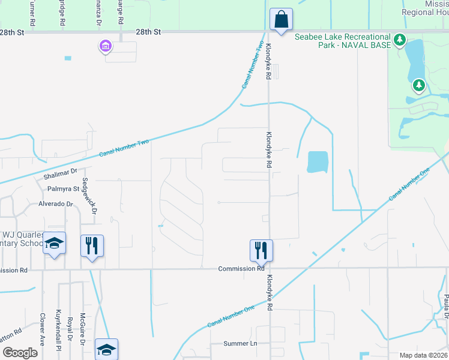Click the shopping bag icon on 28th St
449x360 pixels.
tap(280, 19)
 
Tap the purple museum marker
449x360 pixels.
tap(106, 46)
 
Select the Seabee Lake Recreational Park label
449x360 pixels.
tap(343, 41)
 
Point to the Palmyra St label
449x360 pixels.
tap(64, 188)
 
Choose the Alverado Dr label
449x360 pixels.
tap(55, 203)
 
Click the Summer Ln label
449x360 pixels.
tap(240, 343)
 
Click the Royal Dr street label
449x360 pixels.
tap(70, 328)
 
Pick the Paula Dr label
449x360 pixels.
tap(445, 307)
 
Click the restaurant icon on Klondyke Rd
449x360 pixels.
tap(261, 250)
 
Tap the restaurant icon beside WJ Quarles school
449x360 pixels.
tap(92, 245)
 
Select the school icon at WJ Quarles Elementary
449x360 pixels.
tap(54, 244)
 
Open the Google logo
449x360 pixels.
tap(20, 353)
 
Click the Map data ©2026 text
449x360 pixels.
tap(422, 355)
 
